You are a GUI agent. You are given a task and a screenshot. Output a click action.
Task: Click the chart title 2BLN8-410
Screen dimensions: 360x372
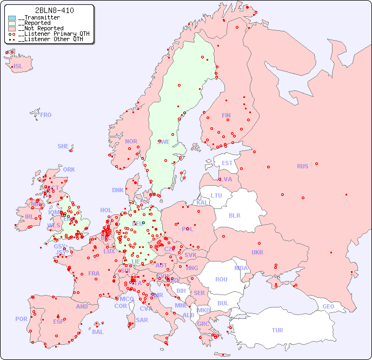(x=54, y=10)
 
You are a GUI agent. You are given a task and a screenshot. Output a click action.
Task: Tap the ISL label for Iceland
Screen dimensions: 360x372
(x=18, y=67)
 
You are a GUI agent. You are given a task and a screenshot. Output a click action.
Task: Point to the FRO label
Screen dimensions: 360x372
(x=46, y=115)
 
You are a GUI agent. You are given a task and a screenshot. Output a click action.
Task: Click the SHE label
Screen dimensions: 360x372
(x=63, y=146)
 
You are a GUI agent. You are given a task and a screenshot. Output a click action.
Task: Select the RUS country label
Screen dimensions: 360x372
(x=302, y=166)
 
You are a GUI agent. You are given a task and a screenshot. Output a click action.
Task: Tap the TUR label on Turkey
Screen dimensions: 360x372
(x=277, y=330)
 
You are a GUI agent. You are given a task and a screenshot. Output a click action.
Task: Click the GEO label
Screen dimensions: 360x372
(x=328, y=306)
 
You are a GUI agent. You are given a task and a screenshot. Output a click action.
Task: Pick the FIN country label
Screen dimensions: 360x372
(x=226, y=115)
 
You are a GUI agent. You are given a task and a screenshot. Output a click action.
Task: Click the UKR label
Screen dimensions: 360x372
(x=257, y=252)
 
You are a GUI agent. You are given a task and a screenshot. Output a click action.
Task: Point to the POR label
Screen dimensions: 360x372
(x=21, y=319)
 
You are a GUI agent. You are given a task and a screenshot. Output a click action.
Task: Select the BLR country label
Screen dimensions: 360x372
(x=234, y=215)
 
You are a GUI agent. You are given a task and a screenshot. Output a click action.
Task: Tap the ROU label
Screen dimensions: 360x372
(x=221, y=279)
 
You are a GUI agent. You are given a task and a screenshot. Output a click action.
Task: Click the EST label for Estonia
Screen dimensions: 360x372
(x=227, y=163)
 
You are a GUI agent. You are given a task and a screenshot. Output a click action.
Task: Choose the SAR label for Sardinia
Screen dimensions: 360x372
(x=142, y=320)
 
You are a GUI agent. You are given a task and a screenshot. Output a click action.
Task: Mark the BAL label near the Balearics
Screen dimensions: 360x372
(x=97, y=332)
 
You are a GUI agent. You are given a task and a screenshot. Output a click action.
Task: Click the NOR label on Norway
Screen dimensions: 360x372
(x=131, y=141)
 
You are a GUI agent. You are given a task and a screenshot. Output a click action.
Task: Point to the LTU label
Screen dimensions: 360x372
(x=216, y=195)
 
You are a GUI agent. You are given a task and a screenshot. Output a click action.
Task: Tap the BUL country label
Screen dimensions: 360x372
(x=223, y=303)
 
